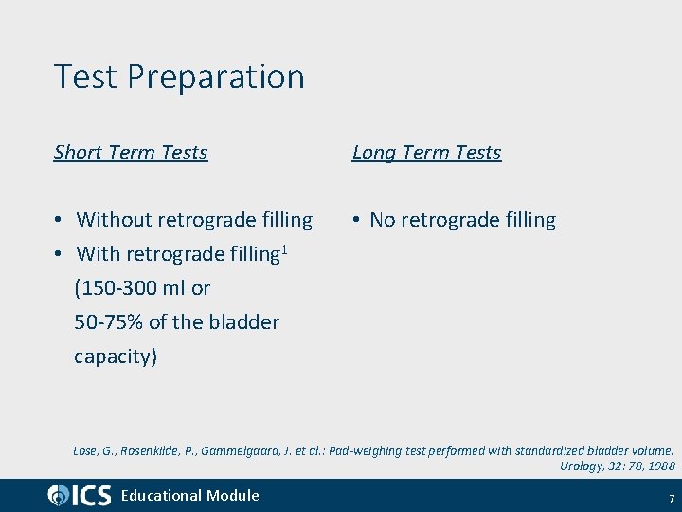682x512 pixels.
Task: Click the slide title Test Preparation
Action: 179,77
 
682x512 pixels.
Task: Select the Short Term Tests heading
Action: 131,153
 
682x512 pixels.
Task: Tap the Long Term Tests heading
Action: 426,153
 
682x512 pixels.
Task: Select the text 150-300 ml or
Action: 142,288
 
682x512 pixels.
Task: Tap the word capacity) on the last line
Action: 116,357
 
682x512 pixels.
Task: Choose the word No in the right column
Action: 382,220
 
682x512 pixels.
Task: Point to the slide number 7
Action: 671,498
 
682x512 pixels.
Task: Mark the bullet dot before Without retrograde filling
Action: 59,220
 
